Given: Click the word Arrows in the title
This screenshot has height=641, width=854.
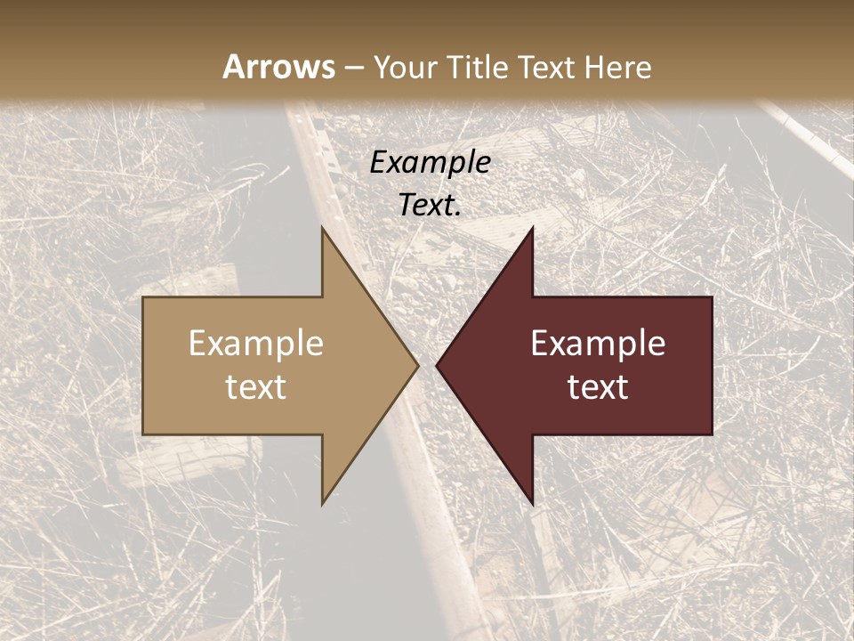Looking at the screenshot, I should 278,67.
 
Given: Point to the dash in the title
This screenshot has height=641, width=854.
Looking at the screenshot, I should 353,68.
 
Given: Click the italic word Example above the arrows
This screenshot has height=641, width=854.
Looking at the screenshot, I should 431,163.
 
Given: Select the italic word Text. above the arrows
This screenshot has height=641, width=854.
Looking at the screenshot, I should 431,206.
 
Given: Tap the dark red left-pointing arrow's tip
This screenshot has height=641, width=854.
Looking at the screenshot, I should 439,365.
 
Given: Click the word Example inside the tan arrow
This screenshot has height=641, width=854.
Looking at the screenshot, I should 256,344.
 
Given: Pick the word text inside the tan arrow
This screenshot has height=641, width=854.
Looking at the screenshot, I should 256,387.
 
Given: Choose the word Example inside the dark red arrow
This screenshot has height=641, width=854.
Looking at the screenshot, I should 598,344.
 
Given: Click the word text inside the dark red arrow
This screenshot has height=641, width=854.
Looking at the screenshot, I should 598,387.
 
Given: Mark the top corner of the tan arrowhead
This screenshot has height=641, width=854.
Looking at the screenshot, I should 323,229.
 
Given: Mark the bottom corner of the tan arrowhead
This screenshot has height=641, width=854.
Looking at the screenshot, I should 323,503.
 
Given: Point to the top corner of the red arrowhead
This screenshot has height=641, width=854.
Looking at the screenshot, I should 532,229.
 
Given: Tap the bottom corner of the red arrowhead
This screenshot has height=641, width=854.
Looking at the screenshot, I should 532,503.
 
